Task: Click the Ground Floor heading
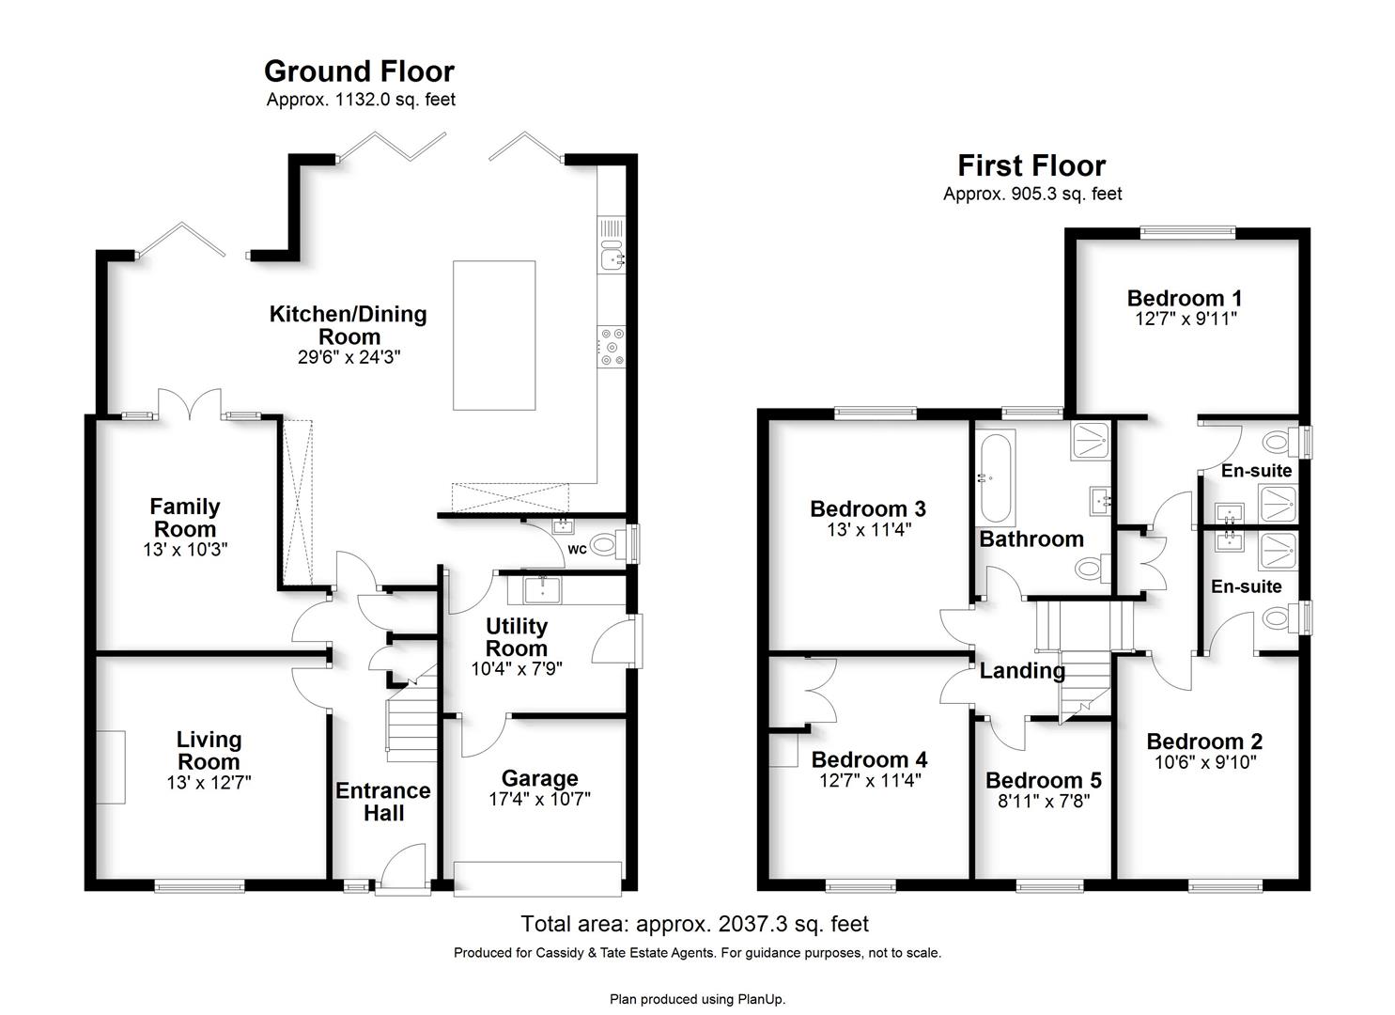pyautogui.click(x=360, y=71)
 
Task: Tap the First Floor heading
pyautogui.click(x=1031, y=165)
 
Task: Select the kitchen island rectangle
pyautogui.click(x=494, y=336)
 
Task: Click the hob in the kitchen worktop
pyautogui.click(x=611, y=347)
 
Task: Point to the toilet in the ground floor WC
pyautogui.click(x=607, y=544)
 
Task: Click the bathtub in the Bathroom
pyautogui.click(x=996, y=478)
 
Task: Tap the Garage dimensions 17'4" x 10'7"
pyautogui.click(x=539, y=799)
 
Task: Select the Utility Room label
pyautogui.click(x=517, y=637)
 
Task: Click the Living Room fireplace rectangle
pyautogui.click(x=111, y=767)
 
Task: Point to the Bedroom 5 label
pyautogui.click(x=1044, y=780)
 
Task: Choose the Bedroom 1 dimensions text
pyautogui.click(x=1186, y=319)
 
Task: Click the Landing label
pyautogui.click(x=1022, y=670)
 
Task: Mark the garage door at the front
pyautogui.click(x=537, y=879)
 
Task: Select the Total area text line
pyautogui.click(x=694, y=924)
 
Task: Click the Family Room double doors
pyautogui.click(x=190, y=403)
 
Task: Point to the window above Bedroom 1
pyautogui.click(x=1187, y=232)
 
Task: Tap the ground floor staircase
pyautogui.click(x=412, y=719)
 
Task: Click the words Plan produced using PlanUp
pyautogui.click(x=697, y=999)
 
